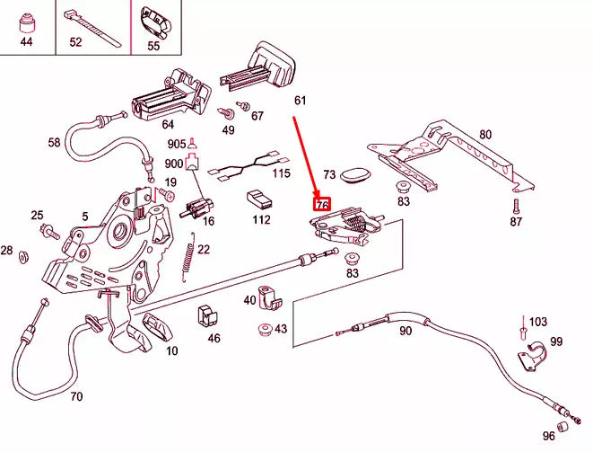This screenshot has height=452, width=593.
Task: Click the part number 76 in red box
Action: coord(321,205)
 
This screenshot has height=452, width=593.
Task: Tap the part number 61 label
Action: coord(301,101)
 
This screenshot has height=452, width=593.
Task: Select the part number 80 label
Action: coord(484,135)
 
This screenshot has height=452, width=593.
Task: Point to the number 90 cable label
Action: coord(406,331)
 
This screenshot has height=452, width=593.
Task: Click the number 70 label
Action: coord(76,396)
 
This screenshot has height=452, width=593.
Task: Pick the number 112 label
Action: coord(261,219)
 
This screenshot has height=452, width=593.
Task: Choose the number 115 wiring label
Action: coord(282,173)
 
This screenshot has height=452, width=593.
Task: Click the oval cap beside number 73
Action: coord(358,173)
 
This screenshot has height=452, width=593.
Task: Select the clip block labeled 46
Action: coord(208,315)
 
